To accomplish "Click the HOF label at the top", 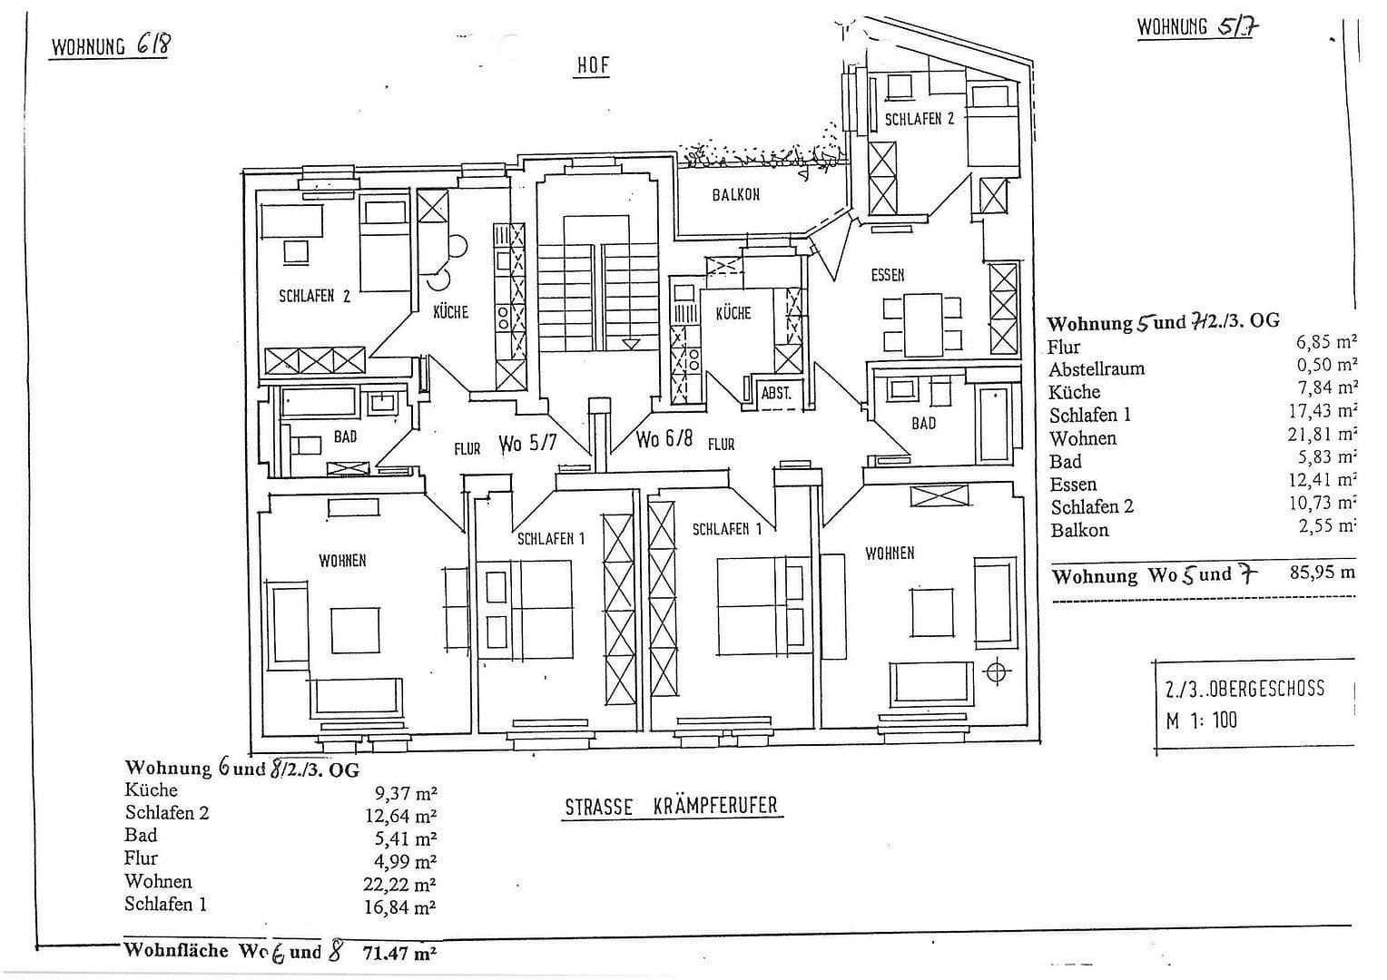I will pyautogui.click(x=592, y=66).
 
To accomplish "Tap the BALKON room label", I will pyautogui.click(x=735, y=195).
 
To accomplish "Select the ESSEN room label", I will pyautogui.click(x=887, y=275).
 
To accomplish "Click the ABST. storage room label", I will pyautogui.click(x=776, y=394).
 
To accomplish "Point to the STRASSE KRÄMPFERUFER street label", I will pyautogui.click(x=671, y=807).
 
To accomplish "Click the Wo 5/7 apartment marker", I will pyautogui.click(x=526, y=444).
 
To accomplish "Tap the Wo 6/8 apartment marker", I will pyautogui.click(x=664, y=439).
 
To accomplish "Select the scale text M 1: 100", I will pyautogui.click(x=1201, y=720).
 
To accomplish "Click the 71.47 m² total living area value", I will pyautogui.click(x=399, y=953).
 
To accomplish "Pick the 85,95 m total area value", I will pyautogui.click(x=1321, y=573).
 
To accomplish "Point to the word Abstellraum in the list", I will pyautogui.click(x=1097, y=369).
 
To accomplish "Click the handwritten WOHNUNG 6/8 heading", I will pyautogui.click(x=110, y=45).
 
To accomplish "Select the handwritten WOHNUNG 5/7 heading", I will pyautogui.click(x=1198, y=26).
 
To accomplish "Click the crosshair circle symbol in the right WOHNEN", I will pyautogui.click(x=997, y=672).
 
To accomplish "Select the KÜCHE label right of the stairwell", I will pyautogui.click(x=733, y=313).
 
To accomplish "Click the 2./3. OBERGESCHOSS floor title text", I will pyautogui.click(x=1244, y=690).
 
